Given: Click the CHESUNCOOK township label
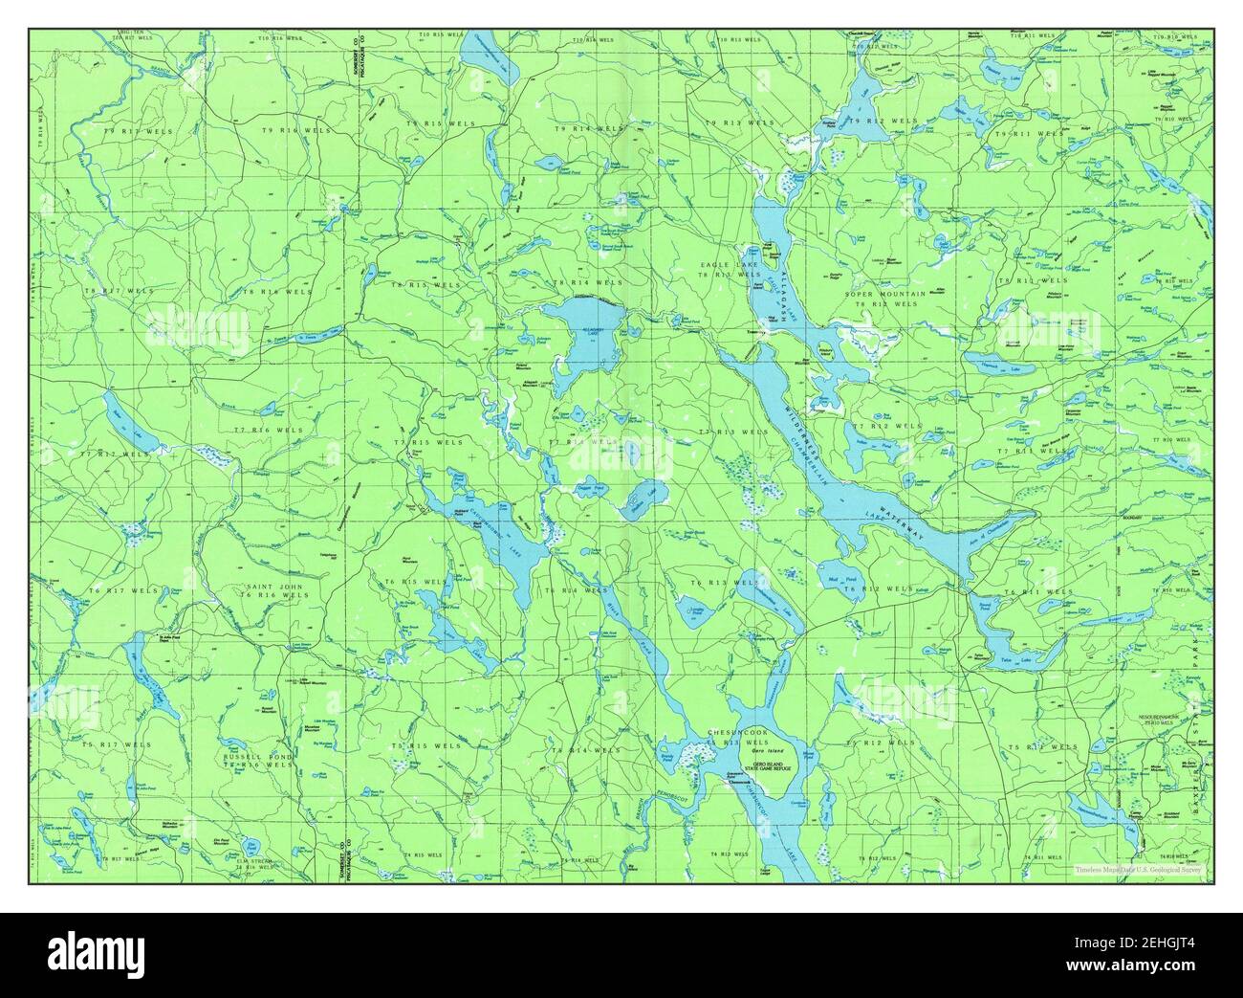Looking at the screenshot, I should [x=738, y=733].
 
